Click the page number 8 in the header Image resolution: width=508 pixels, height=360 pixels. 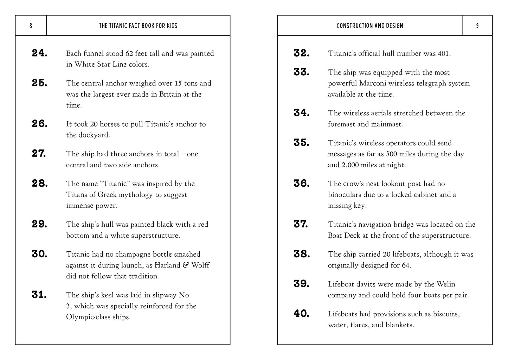pos(31,26)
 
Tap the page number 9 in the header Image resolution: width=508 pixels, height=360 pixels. pos(477,26)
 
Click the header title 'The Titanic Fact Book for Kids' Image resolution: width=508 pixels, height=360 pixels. pos(138,26)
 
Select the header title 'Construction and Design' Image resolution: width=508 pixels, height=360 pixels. pos(370,26)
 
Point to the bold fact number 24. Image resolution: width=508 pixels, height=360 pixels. pos(40,53)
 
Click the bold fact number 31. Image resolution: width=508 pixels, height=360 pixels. pos(39,295)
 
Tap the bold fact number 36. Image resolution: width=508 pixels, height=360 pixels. pos(302,183)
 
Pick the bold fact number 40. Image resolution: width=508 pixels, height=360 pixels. pos(302,314)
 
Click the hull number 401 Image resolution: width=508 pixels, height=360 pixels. pos(443,53)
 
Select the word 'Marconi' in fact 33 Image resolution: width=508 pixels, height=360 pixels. pos(373,83)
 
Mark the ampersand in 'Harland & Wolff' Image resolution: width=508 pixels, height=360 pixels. pos(186,265)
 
